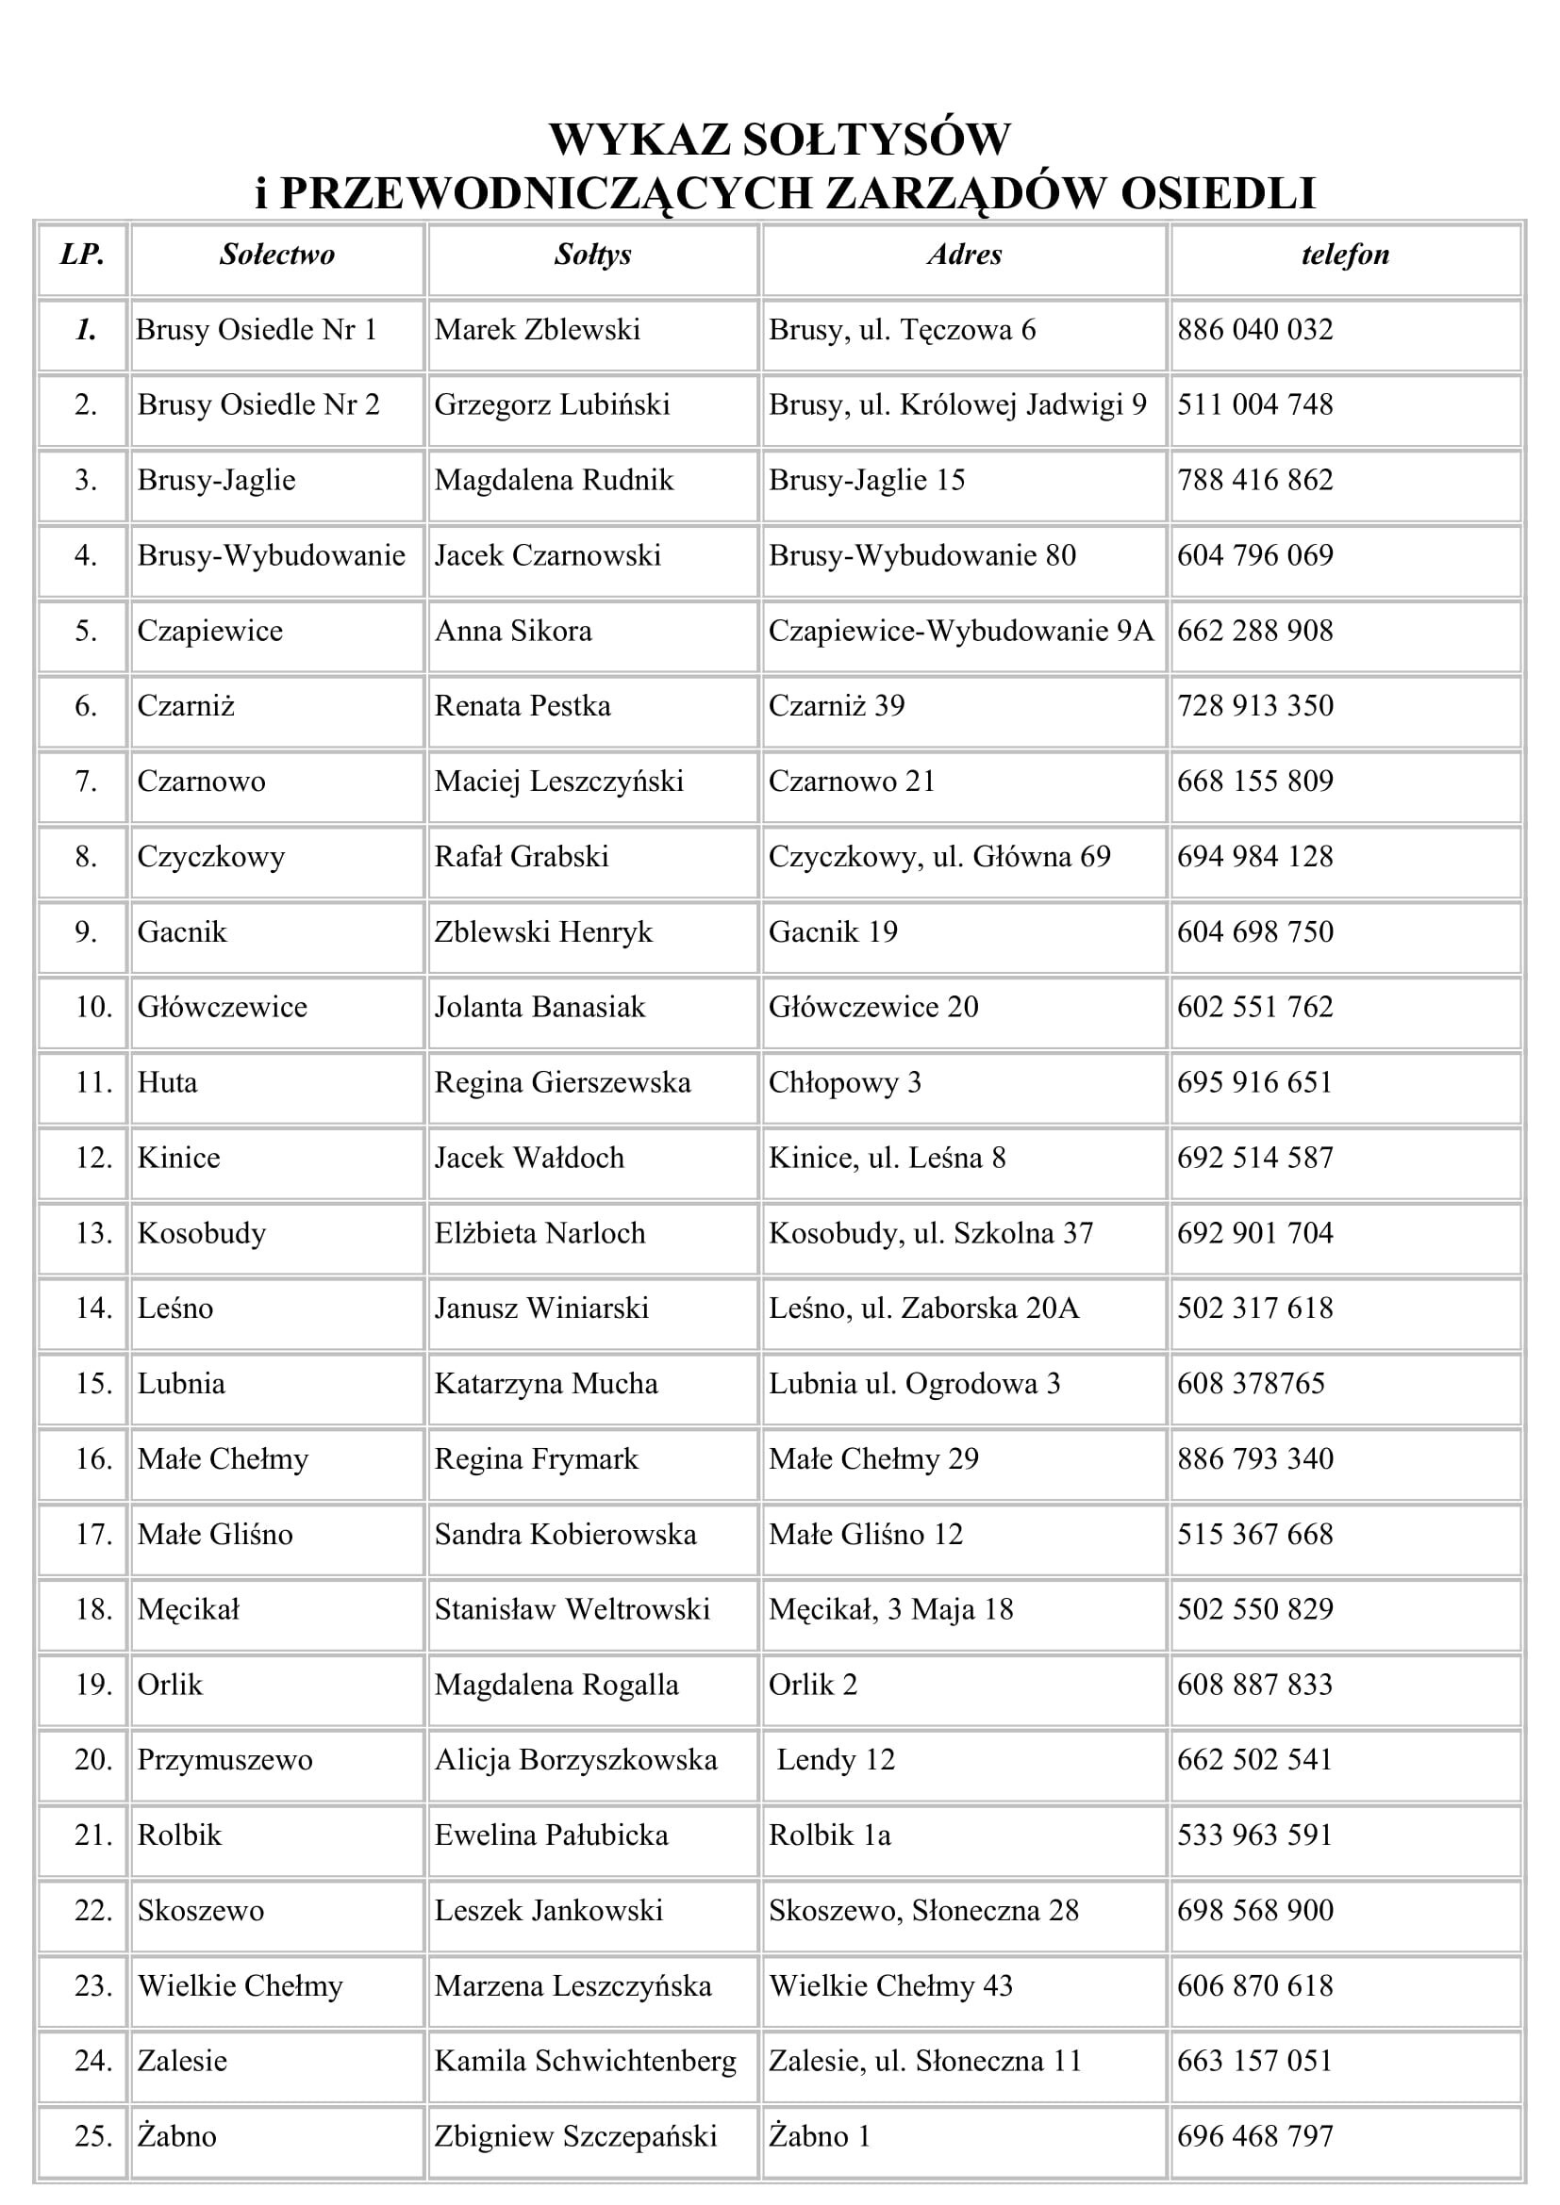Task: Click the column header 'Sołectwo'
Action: tap(276, 255)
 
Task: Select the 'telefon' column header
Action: tap(1345, 255)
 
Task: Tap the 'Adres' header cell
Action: tap(965, 255)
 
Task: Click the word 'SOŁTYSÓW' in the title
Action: tap(875, 140)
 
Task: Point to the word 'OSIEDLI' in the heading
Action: tap(1217, 193)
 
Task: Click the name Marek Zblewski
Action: tap(537, 330)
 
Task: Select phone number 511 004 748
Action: tap(1254, 405)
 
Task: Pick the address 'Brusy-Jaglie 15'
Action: tap(867, 480)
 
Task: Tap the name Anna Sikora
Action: tap(513, 631)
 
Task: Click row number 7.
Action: tap(86, 782)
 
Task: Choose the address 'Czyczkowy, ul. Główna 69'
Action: tap(938, 857)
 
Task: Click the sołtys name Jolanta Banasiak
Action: tap(539, 1008)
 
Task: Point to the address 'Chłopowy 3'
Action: tap(844, 1083)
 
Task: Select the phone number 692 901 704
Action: tap(1254, 1234)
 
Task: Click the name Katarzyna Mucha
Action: tap(545, 1384)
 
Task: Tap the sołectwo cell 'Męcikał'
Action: tap(189, 1610)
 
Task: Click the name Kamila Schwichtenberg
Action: tap(585, 2061)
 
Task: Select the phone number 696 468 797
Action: tap(1254, 2137)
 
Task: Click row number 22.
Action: tap(93, 1911)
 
